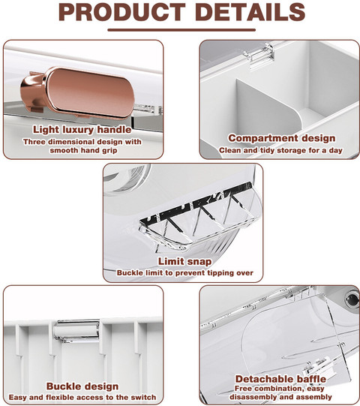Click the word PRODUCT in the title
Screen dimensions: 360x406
[122, 12]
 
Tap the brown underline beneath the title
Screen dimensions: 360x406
[181, 30]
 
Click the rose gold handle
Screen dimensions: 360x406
[78, 92]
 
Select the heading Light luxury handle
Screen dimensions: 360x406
[82, 130]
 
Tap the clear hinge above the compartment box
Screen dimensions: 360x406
[259, 56]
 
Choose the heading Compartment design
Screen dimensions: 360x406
[282, 138]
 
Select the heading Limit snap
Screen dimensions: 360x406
[184, 261]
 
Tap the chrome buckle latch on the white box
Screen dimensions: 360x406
[76, 330]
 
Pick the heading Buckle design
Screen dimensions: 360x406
[82, 386]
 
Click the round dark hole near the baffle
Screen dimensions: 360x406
[352, 300]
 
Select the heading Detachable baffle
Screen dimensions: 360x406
[280, 379]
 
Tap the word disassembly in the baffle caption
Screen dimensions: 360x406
[253, 397]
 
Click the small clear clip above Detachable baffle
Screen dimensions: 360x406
[318, 365]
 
